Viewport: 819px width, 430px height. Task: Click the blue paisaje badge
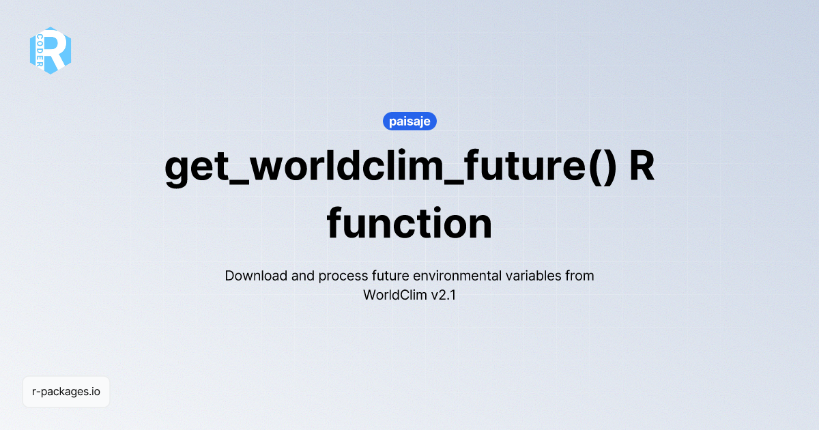coord(409,121)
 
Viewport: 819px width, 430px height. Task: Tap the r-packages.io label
coord(66,392)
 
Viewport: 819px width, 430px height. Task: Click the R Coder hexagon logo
coord(51,51)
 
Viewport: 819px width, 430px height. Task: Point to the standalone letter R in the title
coord(642,167)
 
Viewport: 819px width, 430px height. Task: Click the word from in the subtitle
coord(580,276)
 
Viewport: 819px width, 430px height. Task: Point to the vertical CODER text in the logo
coord(40,51)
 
